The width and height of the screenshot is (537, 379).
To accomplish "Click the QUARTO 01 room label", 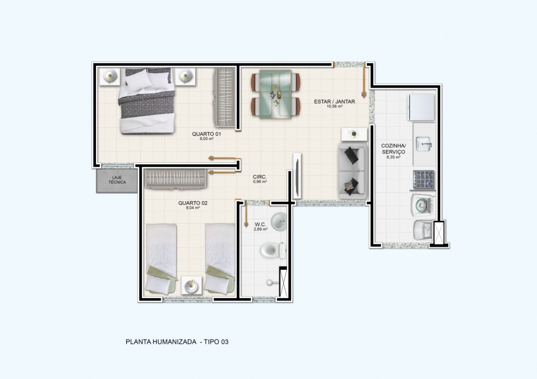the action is [x=206, y=134].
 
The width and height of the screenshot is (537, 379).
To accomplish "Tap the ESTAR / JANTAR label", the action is [x=335, y=102].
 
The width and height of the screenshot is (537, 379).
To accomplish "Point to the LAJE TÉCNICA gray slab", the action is [x=117, y=181].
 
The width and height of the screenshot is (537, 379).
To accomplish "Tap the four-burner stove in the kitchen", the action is [x=423, y=179].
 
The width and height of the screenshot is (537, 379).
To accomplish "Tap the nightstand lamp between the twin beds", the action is [x=192, y=285].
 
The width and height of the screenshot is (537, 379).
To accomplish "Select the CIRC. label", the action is [x=260, y=177].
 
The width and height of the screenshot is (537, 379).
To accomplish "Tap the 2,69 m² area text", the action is [x=260, y=229].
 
